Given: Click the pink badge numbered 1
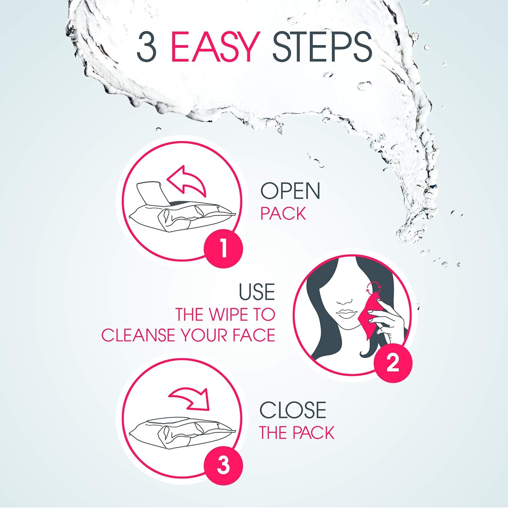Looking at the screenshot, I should click(x=224, y=249).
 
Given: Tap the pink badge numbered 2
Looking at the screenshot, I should click(x=393, y=363).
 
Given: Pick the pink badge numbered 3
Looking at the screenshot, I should click(x=224, y=465).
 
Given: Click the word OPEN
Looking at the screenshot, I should click(x=290, y=191).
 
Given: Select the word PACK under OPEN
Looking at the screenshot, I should click(x=283, y=214).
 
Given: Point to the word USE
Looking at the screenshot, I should click(x=257, y=292).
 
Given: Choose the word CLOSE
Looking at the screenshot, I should click(x=293, y=410).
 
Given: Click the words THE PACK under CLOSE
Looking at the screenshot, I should click(x=297, y=433).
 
